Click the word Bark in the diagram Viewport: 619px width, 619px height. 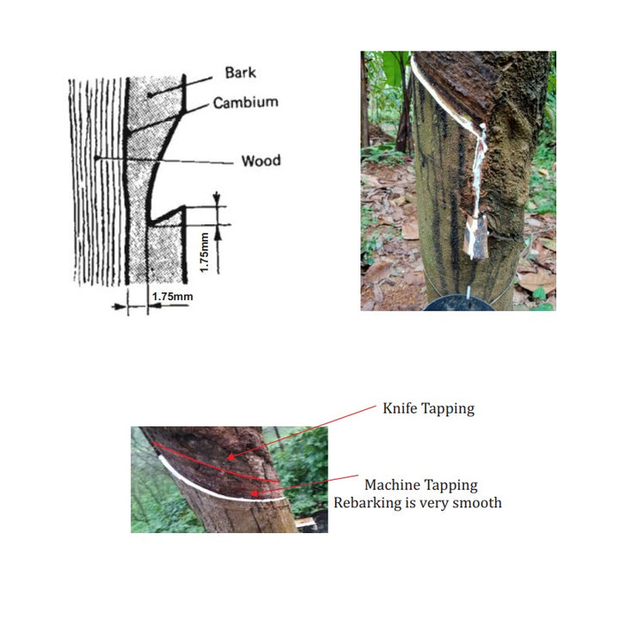point(241,72)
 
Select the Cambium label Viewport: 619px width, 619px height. point(246,102)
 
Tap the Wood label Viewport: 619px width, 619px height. point(261,161)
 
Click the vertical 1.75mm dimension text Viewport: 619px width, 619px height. point(204,253)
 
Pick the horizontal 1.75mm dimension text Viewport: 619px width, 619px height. point(173,297)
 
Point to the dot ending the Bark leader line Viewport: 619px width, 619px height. point(150,95)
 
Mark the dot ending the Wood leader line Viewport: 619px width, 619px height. point(96,158)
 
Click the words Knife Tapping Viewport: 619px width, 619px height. point(429,408)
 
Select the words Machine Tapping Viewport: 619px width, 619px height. point(420,485)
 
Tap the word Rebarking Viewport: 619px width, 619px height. point(368,503)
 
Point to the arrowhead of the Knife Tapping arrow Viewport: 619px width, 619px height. point(230,457)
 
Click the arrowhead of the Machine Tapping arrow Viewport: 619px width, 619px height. point(254,493)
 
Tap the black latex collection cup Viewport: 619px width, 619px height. point(459,303)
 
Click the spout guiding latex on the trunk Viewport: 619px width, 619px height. point(475,236)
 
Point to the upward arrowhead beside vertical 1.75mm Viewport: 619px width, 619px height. point(218,234)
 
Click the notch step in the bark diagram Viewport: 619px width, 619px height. point(167,215)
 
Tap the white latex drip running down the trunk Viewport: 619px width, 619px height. point(479,169)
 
